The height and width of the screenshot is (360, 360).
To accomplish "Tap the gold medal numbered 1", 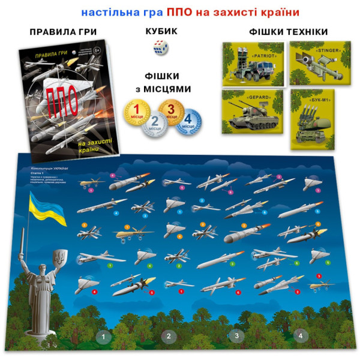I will click(x=136, y=112).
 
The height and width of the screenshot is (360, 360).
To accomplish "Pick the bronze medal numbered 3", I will click(x=173, y=112).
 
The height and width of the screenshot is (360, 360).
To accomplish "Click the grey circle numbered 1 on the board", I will click(x=103, y=337).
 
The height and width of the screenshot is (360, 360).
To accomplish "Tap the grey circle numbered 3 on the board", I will click(x=236, y=336).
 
